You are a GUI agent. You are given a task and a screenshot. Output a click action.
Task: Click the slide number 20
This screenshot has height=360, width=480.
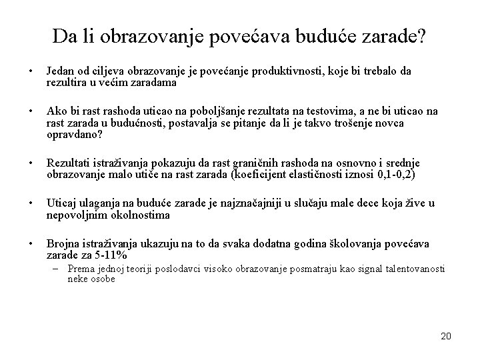[x=446, y=335]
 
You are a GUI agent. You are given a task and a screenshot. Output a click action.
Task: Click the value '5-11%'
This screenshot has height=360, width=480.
[x=111, y=255]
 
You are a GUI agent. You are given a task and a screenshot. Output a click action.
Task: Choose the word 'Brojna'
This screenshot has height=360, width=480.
[x=60, y=245]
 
